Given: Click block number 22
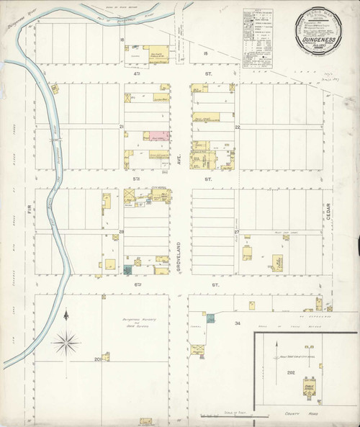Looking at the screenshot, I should [236, 126].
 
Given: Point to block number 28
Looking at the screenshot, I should [122, 231].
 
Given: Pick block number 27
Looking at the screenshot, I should [236, 231].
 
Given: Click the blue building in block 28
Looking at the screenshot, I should [128, 270].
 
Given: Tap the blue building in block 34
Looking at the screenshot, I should [210, 317].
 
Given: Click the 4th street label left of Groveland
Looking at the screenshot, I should [137, 72].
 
